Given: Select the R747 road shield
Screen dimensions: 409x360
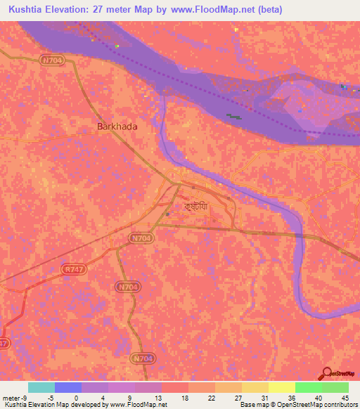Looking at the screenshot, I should [x=71, y=268].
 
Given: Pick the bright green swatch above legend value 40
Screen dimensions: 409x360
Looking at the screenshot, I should [x=308, y=387].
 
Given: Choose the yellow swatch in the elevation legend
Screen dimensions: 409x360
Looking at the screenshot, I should [x=281, y=387].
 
